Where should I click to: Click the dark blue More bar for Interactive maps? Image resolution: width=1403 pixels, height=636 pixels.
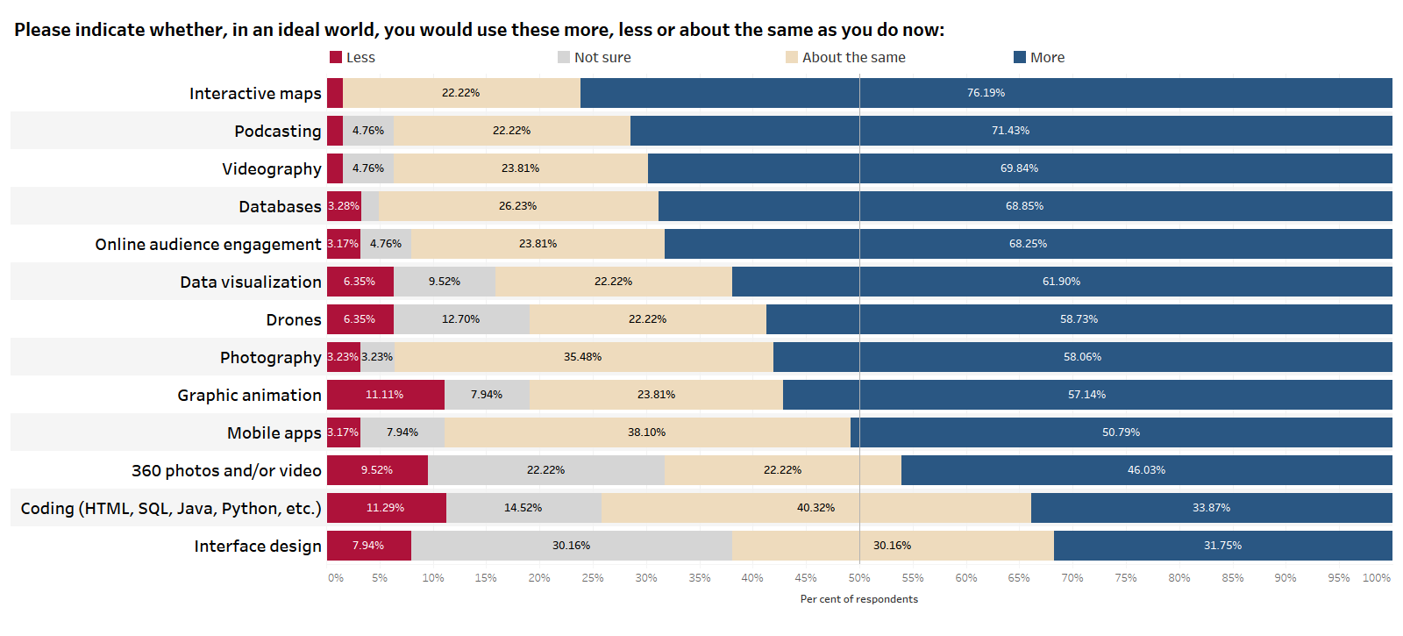(x=986, y=93)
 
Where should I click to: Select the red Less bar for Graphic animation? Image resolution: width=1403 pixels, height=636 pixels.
(x=385, y=395)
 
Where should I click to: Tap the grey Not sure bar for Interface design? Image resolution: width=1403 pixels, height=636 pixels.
(x=571, y=546)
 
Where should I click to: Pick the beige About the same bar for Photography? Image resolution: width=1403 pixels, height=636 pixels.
(x=583, y=357)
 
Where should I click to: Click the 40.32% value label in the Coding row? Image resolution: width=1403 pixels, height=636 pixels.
(x=815, y=508)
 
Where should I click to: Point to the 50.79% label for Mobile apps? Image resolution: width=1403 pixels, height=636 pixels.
(x=1121, y=432)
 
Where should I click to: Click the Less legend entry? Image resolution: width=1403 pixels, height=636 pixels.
(x=353, y=58)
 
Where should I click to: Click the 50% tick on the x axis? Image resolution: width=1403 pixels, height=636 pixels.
(x=859, y=578)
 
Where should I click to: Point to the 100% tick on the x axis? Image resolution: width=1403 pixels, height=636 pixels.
(x=1376, y=578)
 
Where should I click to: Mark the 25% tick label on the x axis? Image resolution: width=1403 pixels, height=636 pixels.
(x=593, y=578)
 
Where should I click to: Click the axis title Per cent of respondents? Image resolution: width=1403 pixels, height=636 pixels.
(x=858, y=599)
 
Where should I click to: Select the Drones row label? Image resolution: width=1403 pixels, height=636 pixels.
(x=294, y=320)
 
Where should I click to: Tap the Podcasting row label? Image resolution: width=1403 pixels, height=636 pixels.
(x=277, y=132)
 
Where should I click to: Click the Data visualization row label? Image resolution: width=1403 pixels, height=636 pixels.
(x=251, y=282)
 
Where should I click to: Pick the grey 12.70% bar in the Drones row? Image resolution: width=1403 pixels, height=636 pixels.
(x=461, y=319)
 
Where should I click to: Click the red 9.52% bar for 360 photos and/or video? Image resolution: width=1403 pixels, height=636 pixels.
(x=377, y=470)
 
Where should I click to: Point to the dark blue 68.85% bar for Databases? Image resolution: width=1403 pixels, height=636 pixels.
(x=1024, y=206)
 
